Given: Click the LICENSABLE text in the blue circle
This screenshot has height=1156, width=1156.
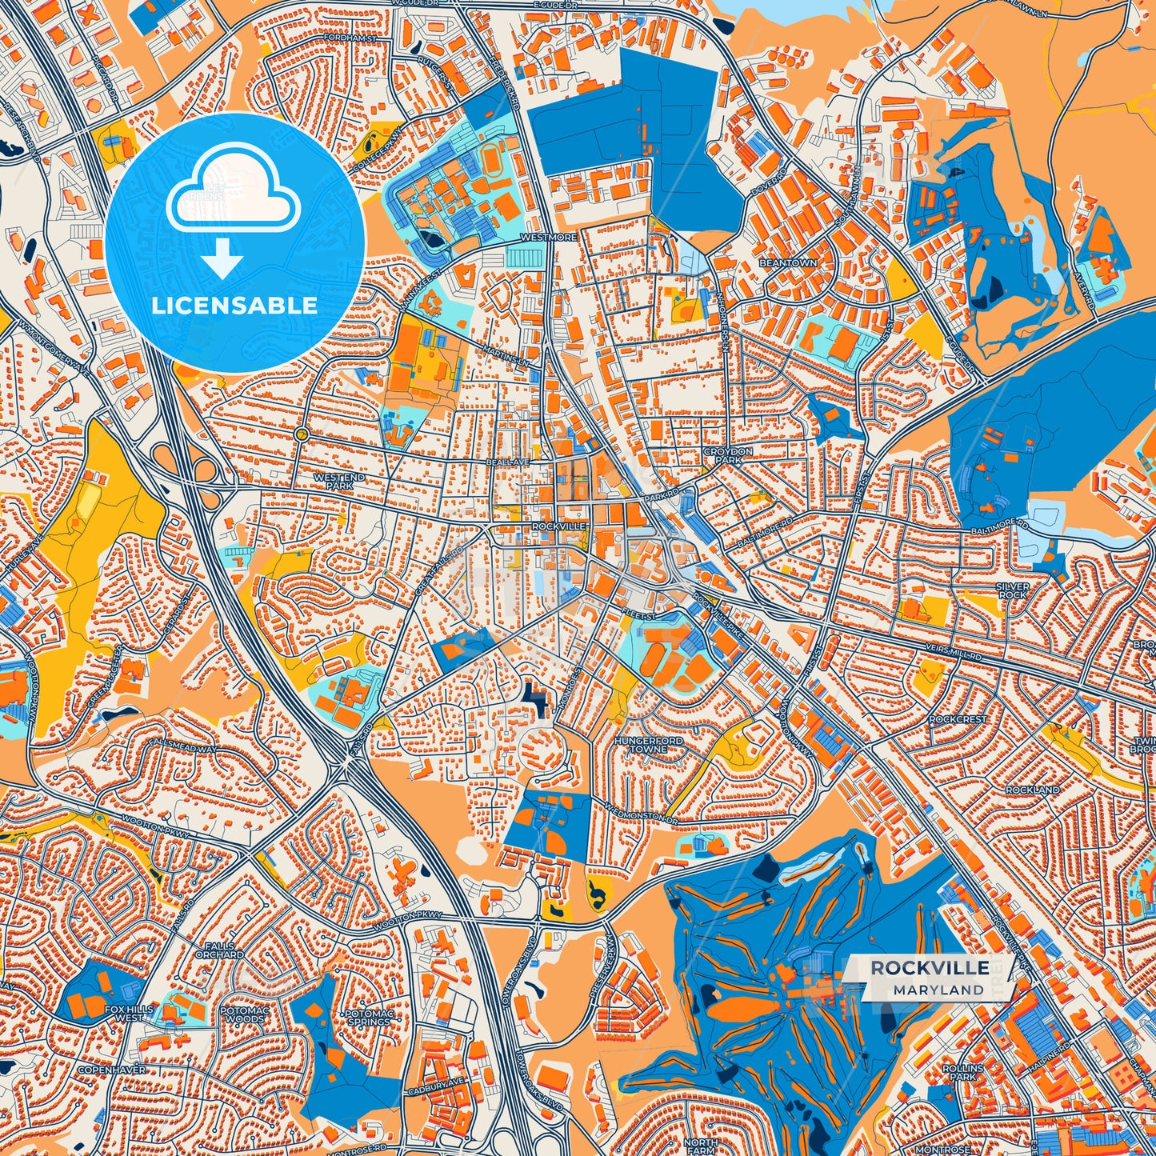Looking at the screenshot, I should (234, 306).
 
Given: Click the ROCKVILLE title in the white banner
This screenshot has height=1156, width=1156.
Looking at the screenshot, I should (930, 968).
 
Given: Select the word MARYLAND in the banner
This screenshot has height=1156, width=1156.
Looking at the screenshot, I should (938, 990).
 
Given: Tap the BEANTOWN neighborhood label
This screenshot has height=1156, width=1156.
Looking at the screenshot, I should (788, 263).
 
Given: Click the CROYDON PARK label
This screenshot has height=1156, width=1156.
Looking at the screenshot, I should (728, 456).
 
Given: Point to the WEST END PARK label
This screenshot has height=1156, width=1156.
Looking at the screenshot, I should (339, 482).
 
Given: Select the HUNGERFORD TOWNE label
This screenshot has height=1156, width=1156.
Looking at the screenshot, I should (649, 745).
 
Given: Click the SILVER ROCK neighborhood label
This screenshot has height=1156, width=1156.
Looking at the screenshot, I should (1013, 590).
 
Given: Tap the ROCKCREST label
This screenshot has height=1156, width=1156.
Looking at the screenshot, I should (958, 719).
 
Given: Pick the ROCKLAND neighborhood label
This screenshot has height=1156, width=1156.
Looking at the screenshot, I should (1033, 790).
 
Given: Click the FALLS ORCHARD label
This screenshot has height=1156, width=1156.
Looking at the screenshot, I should (219, 950).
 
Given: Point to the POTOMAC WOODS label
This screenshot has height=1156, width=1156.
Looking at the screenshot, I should (244, 1014).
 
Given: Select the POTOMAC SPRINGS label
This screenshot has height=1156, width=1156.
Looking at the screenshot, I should (369, 1018).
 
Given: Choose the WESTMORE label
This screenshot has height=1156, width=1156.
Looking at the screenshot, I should (548, 238).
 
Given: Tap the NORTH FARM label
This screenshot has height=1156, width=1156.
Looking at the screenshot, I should (700, 1146).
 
